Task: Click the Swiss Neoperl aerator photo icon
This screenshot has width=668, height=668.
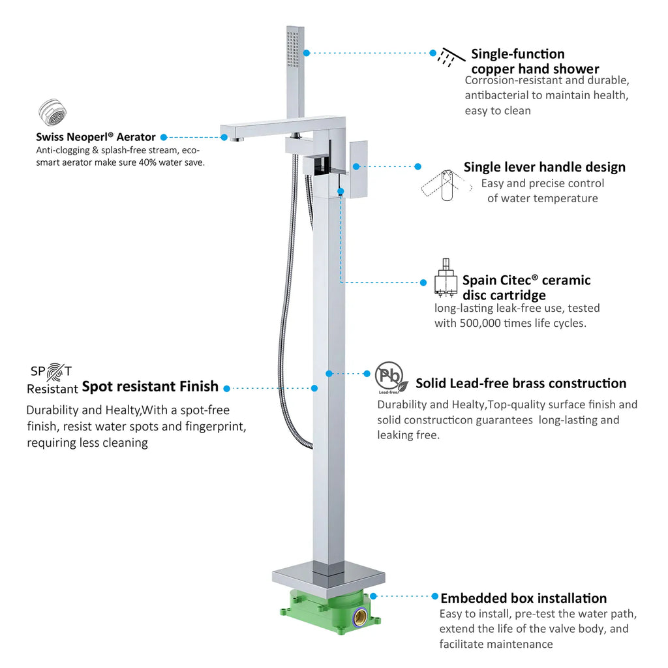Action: tap(52, 112)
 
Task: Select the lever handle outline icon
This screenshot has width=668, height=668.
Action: tap(446, 185)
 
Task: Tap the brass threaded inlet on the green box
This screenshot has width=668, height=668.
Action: tap(359, 616)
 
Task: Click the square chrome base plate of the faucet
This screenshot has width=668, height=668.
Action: tap(329, 579)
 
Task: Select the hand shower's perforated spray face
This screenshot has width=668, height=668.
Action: tap(293, 48)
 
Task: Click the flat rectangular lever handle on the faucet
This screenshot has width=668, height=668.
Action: tap(358, 169)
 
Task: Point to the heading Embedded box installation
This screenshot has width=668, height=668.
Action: tap(524, 598)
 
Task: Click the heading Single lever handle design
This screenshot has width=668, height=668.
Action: tap(545, 167)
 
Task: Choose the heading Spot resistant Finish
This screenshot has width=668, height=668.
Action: tap(150, 386)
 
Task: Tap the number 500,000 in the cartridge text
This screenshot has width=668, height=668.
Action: tap(479, 324)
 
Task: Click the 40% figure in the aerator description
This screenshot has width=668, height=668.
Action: tap(147, 162)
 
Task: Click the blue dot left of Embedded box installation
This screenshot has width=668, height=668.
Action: tap(434, 596)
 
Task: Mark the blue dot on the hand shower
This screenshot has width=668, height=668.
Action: tap(307, 53)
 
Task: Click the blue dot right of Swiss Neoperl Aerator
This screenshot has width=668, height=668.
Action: tap(164, 137)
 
